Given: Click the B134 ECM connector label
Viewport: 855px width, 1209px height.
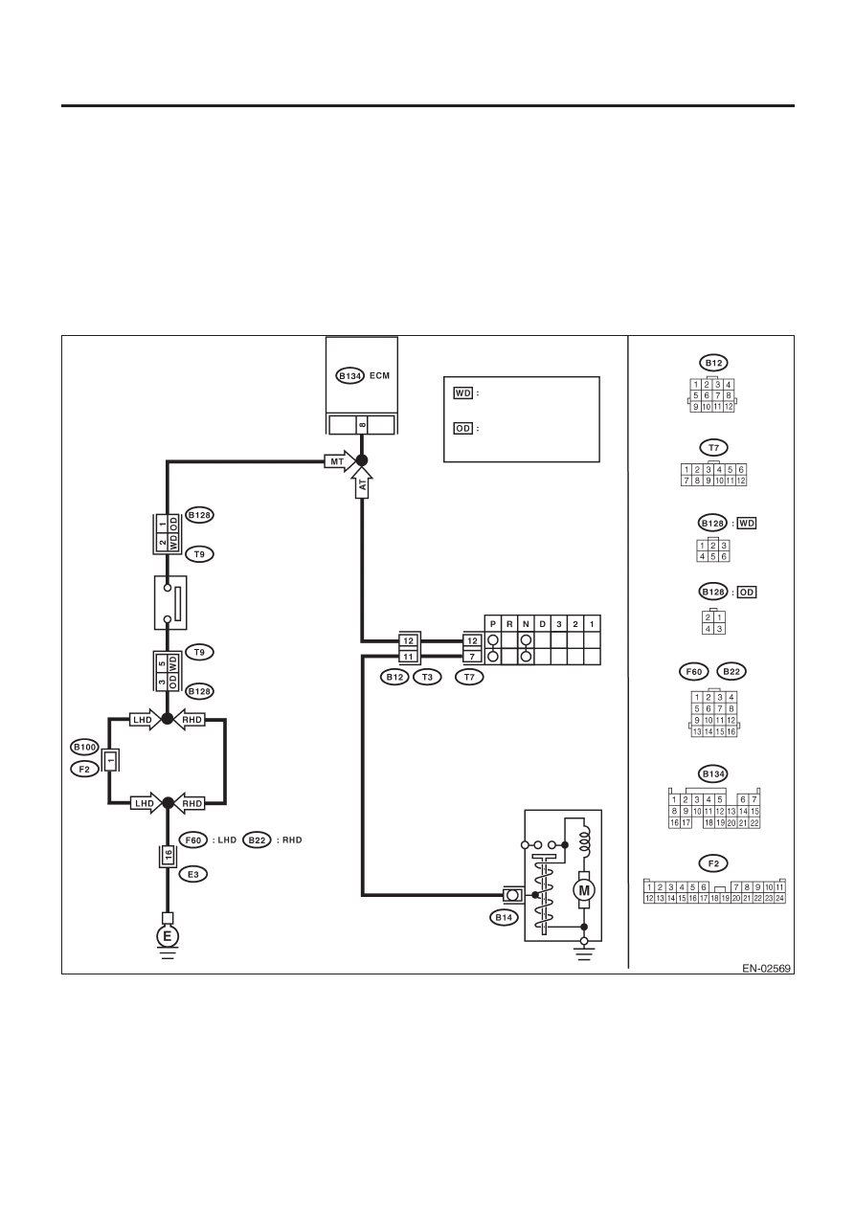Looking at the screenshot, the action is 349,375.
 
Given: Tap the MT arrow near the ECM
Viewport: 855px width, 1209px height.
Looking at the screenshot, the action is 340,461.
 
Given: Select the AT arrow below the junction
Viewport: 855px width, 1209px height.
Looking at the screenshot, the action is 362,482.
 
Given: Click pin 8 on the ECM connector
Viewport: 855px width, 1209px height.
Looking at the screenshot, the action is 362,425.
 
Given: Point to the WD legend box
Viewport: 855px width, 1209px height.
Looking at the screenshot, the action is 463,392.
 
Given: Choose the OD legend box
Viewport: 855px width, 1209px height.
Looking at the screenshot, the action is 463,429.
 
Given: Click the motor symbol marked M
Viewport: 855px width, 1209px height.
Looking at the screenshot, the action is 583,890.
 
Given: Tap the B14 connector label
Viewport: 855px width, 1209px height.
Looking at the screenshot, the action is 504,917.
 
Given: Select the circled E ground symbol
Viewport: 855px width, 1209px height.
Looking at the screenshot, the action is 168,936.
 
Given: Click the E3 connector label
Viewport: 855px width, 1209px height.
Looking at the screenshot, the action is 192,874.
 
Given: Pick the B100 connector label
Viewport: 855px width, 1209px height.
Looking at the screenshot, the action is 85,747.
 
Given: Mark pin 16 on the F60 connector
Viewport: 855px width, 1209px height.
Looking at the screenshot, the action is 168,856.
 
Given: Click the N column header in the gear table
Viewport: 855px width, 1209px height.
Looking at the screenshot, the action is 526,624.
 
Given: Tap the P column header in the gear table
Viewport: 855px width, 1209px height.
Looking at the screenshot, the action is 493,624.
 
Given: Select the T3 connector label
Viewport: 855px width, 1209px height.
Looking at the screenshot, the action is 427,677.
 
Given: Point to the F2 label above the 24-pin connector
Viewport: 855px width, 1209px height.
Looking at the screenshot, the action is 713,863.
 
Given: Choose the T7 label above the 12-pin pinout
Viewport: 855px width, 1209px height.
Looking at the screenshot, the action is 713,447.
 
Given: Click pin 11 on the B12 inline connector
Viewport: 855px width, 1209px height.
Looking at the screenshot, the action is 409,657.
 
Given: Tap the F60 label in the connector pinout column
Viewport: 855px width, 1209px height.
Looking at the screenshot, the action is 693,671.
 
